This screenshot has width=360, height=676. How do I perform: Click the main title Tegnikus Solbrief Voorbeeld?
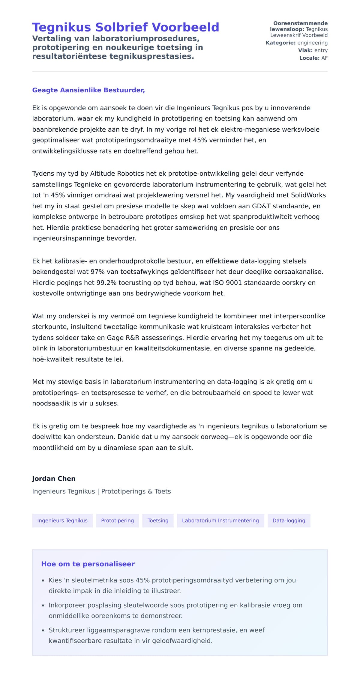click(125, 27)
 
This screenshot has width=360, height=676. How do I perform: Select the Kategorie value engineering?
click(312, 43)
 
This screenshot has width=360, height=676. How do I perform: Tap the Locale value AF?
click(324, 58)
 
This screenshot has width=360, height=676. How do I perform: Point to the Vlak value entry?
click(321, 50)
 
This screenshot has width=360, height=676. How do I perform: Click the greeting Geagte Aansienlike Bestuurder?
click(88, 90)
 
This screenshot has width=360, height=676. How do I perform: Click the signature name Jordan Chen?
click(54, 479)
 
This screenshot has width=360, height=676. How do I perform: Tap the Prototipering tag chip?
click(117, 521)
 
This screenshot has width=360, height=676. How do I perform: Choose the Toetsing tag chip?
click(158, 521)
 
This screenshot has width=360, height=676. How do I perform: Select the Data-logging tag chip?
click(289, 521)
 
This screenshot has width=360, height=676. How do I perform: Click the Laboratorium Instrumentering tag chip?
click(220, 521)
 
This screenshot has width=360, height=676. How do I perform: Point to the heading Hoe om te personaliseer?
click(88, 564)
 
